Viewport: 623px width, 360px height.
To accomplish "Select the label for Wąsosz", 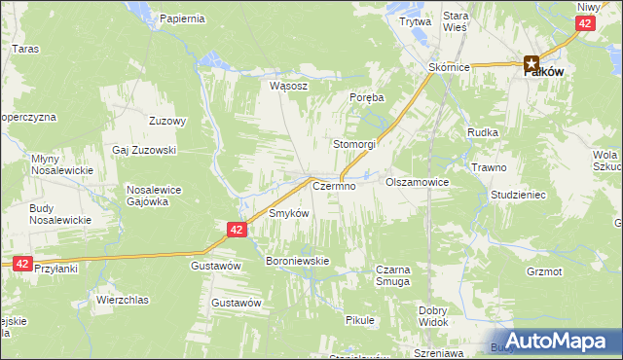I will pos(289,85).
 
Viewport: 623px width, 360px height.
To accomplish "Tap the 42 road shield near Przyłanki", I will pos(22,263).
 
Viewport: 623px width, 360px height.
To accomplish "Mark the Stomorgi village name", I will pos(354,143).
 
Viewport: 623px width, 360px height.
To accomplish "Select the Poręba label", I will pos(367,98).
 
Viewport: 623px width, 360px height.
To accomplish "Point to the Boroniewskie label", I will pos(299,261).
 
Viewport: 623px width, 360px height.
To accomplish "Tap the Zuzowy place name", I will pos(167,121).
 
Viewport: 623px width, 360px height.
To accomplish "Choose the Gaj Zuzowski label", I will pos(144,151).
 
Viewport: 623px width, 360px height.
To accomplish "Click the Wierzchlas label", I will pos(122,300).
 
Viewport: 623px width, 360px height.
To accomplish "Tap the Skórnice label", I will pos(450,67).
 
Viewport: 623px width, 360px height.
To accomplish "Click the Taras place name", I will pos(24,47).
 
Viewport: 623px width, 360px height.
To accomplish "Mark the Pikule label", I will pos(360,319).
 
